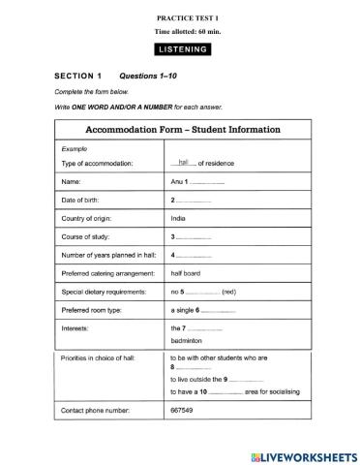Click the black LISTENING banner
[179, 48]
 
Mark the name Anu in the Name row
[177, 181]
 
